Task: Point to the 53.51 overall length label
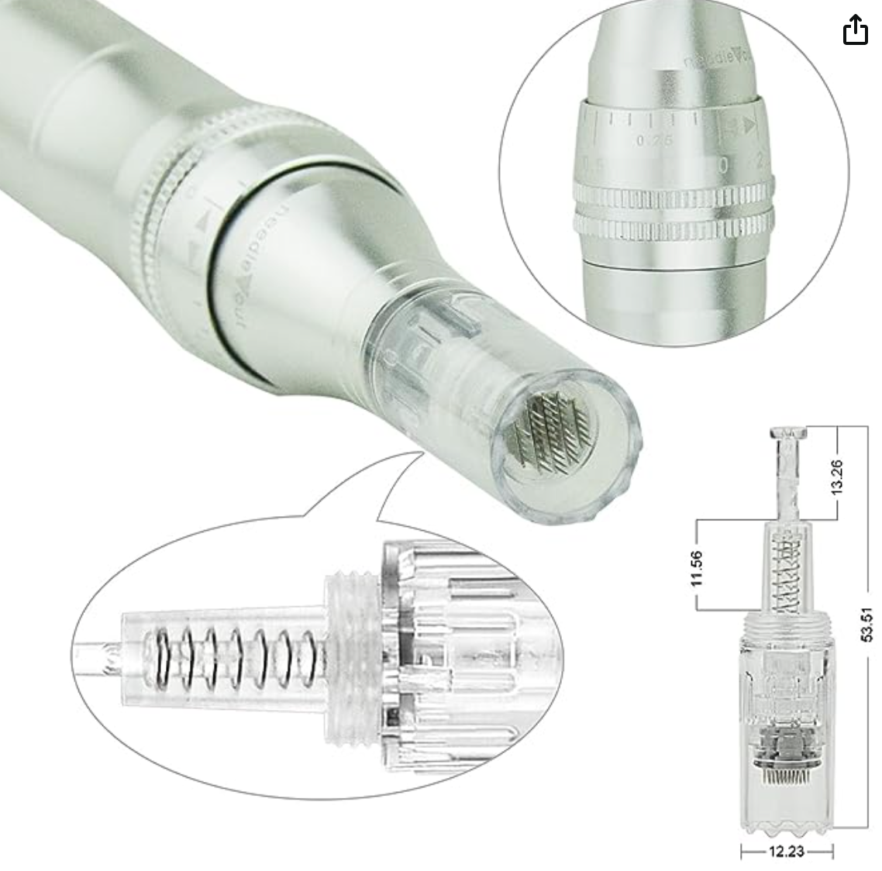point(867,624)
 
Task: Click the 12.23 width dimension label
point(787,852)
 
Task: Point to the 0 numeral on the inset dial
point(722,165)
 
